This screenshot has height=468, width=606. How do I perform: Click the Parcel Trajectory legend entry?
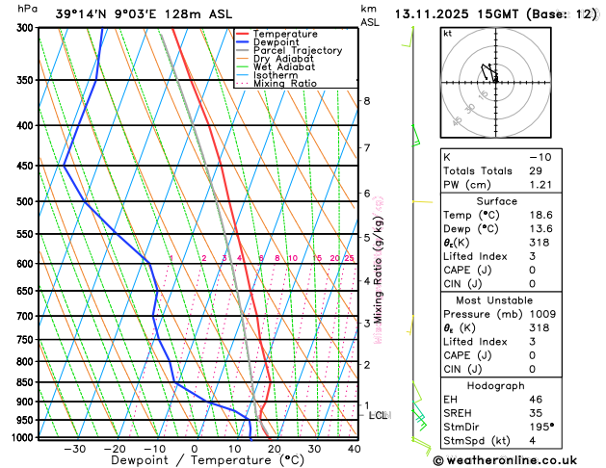[297, 50]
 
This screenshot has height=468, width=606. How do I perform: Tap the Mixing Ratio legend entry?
[290, 84]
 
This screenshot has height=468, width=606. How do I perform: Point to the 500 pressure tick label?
[27, 202]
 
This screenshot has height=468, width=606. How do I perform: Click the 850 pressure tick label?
[27, 382]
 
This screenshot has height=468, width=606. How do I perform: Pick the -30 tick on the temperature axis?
[74, 449]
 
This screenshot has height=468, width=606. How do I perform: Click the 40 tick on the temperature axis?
[355, 449]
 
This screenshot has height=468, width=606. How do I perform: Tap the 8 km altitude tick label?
[367, 101]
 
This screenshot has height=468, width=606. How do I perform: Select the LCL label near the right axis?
[379, 415]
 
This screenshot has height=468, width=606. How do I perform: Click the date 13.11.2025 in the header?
[435, 13]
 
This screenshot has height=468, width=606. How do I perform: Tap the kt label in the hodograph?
[447, 34]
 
